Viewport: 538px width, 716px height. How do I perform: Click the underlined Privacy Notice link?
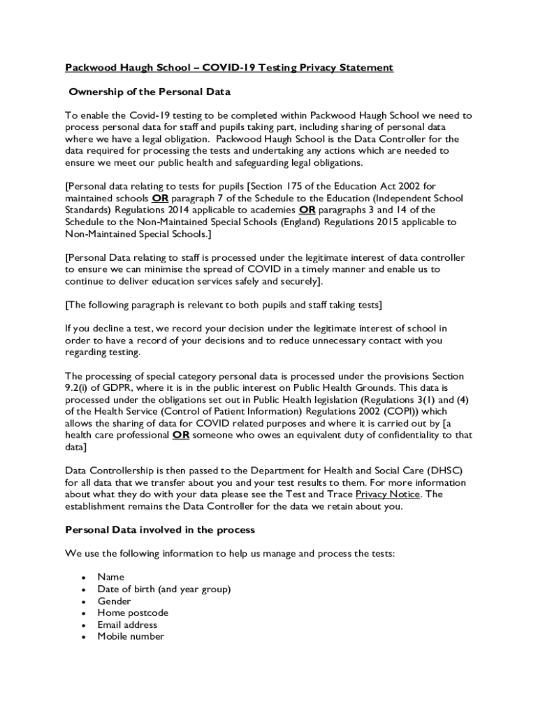pos(388,494)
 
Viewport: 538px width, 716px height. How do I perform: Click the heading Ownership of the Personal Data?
pos(149,92)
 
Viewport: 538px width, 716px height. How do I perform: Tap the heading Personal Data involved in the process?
pos(160,530)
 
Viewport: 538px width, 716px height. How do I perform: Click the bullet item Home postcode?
pos(133,613)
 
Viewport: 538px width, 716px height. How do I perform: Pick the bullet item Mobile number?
pos(131,636)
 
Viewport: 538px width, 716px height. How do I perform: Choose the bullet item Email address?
pos(127,624)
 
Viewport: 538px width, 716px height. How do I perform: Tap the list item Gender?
pos(114,601)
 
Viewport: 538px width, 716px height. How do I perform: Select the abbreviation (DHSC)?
pos(444,471)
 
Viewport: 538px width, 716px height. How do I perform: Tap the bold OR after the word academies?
pos(307,210)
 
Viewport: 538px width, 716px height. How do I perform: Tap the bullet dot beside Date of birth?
pos(83,589)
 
